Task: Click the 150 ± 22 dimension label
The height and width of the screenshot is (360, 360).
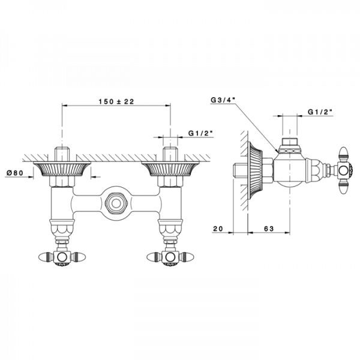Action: pos(116,101)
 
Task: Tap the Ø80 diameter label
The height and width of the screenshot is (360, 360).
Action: pos(15,173)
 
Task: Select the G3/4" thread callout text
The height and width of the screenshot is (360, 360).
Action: pos(223,100)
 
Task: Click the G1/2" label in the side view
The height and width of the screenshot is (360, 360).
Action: pos(320,112)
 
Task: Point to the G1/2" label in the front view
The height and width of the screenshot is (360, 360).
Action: pos(201,133)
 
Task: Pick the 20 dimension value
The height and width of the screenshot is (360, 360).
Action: pos(218,229)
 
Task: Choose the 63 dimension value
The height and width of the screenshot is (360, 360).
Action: pos(269,229)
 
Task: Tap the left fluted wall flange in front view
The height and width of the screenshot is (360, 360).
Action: pos(62,169)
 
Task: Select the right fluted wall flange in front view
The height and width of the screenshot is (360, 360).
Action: pos(170,169)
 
